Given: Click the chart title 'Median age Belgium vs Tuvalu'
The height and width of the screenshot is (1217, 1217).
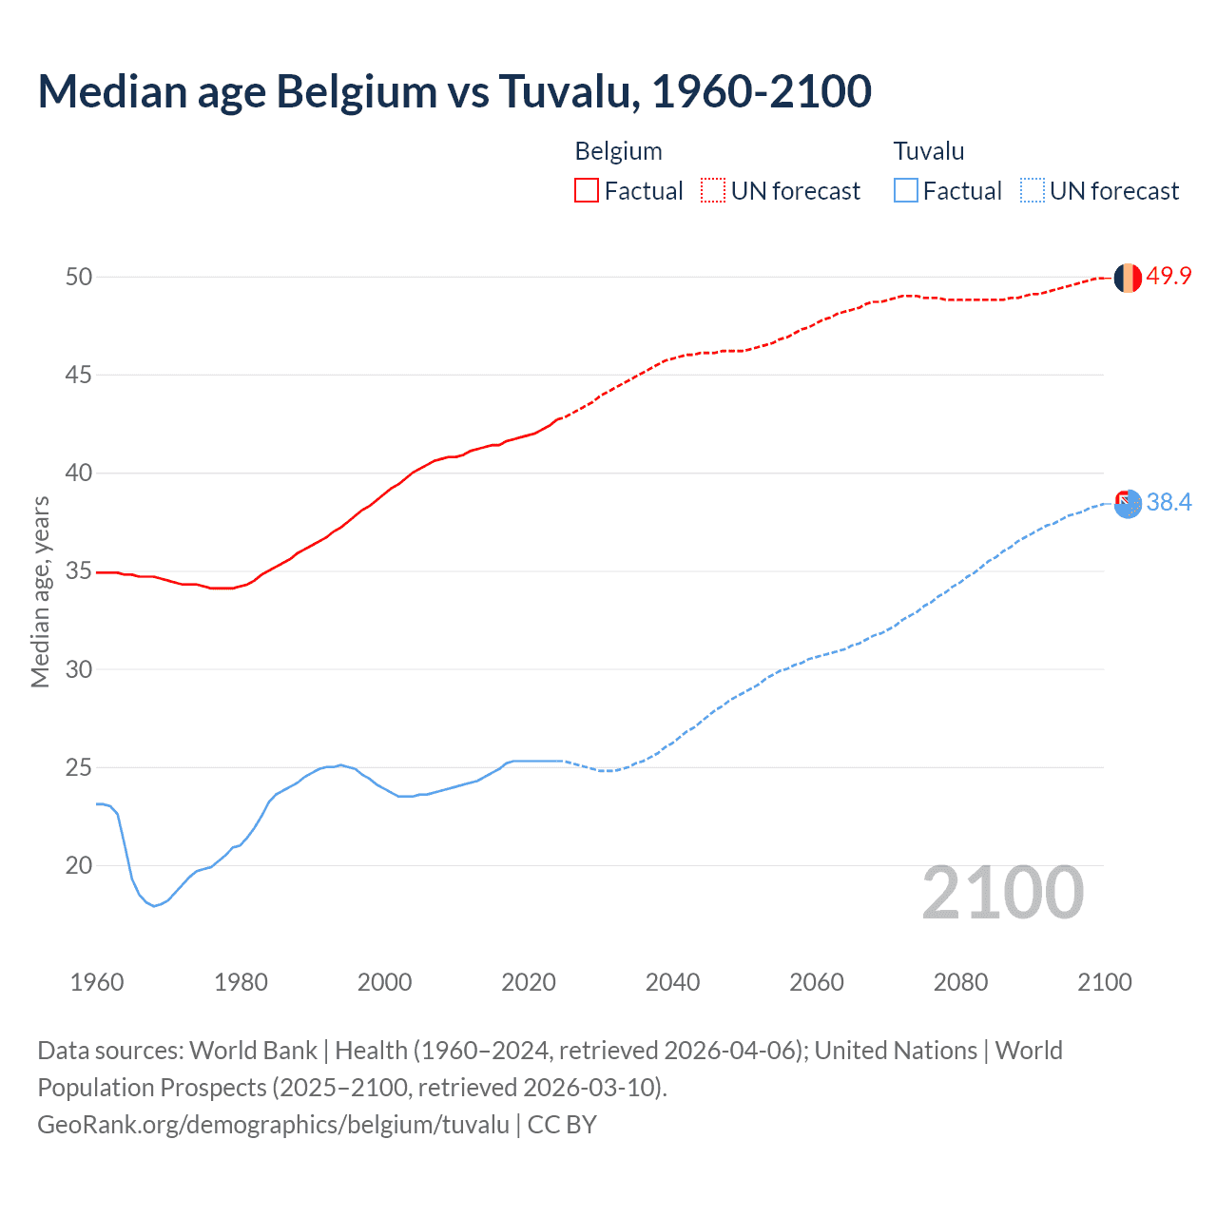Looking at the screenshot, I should pos(454,92).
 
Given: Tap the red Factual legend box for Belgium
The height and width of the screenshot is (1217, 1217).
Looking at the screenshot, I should pos(587,191).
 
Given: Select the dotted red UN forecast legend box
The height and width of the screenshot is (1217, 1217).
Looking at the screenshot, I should pos(713,191).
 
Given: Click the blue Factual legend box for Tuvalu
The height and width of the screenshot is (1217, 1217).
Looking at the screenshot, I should pos(906,191).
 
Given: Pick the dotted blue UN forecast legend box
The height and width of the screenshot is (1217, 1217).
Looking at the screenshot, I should pos(1033,191).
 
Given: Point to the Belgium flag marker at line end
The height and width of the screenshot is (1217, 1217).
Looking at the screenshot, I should pos(1128,278).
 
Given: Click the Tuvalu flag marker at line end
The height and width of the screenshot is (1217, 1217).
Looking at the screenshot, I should pos(1128,504).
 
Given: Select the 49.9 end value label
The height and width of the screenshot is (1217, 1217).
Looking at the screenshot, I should pos(1169,276).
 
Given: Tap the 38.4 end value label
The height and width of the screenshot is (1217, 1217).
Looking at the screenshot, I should pos(1169,502).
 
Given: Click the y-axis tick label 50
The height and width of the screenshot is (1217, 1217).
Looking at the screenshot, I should pos(79,277).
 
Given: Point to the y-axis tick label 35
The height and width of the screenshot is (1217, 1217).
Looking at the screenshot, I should pos(79,571).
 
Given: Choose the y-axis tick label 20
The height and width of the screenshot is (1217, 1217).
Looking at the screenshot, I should pos(79,865).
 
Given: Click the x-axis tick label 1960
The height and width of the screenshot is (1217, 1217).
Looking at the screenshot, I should pos(97,982).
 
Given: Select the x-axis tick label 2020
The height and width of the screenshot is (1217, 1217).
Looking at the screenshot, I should pos(529,982).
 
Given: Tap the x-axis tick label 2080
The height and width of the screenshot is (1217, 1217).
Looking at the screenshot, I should pos(960,982).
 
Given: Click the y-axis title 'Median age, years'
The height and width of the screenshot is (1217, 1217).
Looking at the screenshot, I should pos(40,591).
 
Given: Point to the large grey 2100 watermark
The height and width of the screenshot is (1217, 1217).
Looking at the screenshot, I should pos(1002,892).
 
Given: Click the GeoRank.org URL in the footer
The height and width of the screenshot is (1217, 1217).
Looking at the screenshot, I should pos(274,1125).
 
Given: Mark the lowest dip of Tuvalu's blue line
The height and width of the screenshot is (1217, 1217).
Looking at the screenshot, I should pos(154,906).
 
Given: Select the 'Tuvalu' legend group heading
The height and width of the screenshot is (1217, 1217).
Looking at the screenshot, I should pos(929,151).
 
